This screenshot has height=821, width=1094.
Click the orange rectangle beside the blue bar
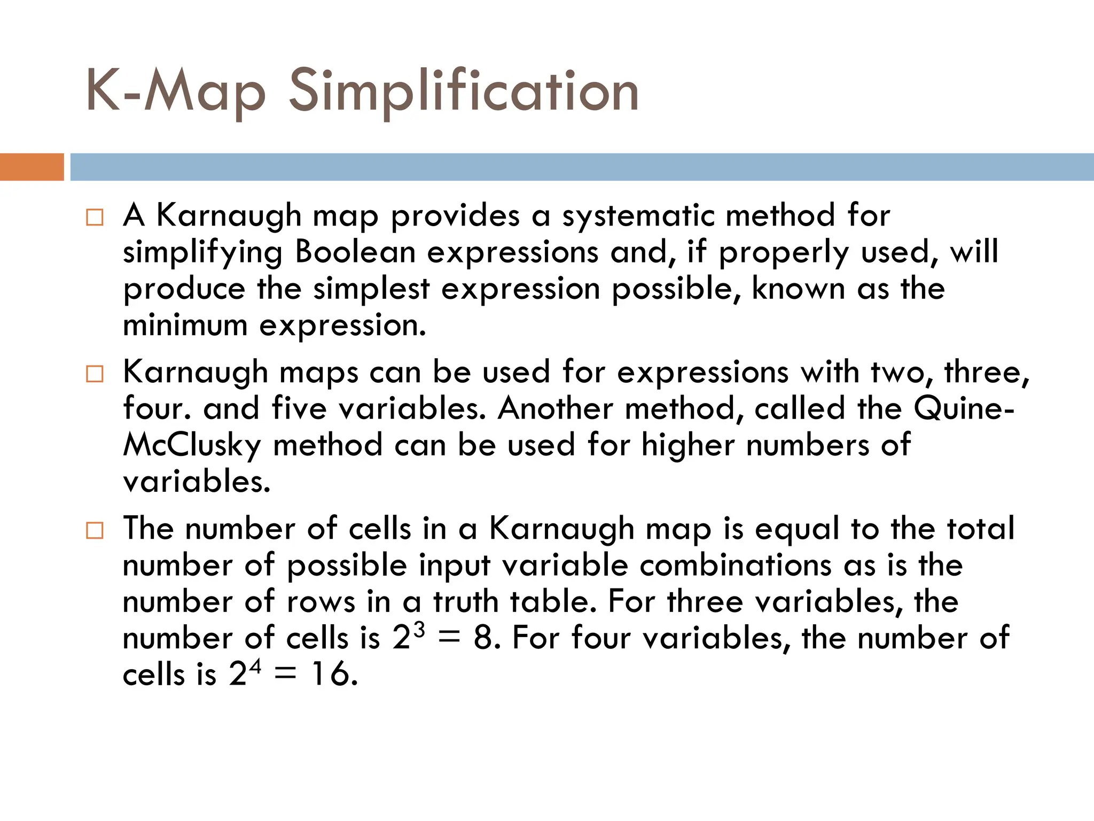32,167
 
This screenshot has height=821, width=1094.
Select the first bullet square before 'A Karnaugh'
95,218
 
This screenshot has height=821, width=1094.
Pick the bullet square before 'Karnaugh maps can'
95,374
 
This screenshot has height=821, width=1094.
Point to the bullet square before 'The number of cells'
95,531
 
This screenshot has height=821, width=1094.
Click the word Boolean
355,252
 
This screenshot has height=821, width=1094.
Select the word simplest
371,289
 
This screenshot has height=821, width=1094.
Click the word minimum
185,325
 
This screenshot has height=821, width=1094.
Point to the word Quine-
964,409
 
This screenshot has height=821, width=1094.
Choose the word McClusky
192,445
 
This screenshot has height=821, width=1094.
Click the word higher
688,445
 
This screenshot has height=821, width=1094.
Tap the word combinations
736,566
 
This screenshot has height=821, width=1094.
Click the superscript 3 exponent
419,630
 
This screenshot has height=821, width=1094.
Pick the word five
299,409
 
